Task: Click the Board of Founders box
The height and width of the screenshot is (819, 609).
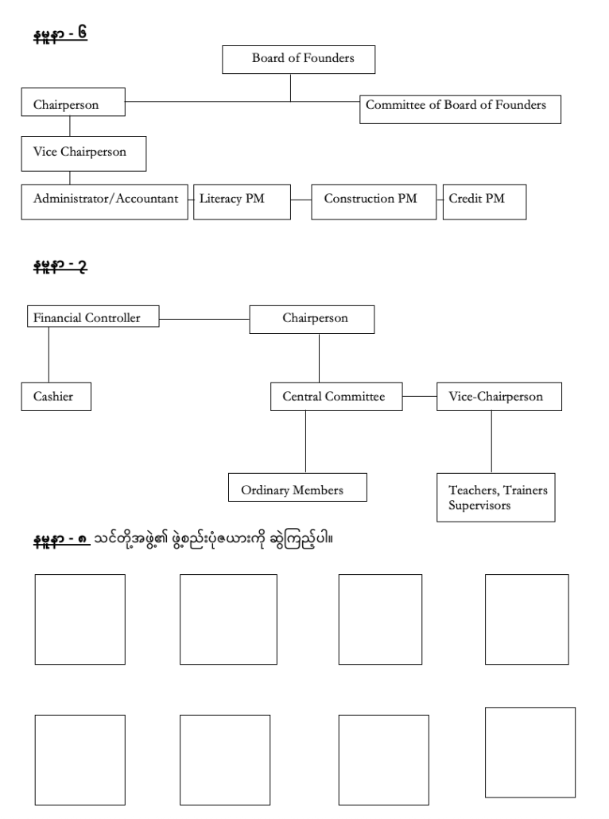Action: [x=298, y=60]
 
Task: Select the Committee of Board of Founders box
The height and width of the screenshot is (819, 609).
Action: [x=460, y=109]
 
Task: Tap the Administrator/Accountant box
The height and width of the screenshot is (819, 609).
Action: [x=104, y=202]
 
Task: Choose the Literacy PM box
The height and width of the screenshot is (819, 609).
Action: [x=242, y=202]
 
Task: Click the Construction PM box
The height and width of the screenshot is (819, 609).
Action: [x=374, y=202]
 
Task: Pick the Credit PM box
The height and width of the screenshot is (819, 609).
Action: [x=484, y=202]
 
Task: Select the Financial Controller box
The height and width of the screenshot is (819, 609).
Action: [x=93, y=316]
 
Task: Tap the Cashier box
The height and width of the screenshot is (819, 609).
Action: [x=56, y=397]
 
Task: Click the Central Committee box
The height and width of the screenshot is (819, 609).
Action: [x=336, y=397]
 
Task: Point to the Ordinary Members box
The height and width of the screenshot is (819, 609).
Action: [x=297, y=487]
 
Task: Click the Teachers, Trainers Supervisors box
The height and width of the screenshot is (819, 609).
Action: [x=495, y=497]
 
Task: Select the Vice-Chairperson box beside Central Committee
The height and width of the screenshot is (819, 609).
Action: [x=498, y=397]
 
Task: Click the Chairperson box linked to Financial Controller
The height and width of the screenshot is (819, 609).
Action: [x=312, y=319]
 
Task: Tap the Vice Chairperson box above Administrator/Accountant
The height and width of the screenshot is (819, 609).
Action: [x=83, y=153]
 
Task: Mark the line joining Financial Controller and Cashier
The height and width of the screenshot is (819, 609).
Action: [x=49, y=355]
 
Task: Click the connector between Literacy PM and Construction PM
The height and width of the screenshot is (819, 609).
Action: [x=301, y=200]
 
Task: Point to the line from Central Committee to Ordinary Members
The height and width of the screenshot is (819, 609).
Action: [x=305, y=442]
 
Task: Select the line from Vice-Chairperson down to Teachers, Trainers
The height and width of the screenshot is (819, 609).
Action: [x=491, y=442]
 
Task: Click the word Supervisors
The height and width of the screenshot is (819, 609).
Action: [x=479, y=505]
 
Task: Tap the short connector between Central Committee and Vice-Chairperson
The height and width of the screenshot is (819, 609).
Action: [x=420, y=396]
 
